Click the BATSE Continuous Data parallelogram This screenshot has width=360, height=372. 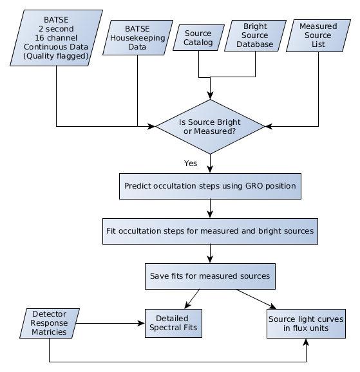tap(56, 38)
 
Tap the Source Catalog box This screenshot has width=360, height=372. tap(198, 38)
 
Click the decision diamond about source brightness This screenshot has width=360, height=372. tap(210, 126)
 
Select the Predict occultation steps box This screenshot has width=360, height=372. tap(210, 186)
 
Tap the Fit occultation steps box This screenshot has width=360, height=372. tap(210, 230)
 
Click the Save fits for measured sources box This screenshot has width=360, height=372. tap(210, 276)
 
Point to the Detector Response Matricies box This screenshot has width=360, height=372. tap(49, 323)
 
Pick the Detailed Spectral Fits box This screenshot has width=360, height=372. tap(173, 323)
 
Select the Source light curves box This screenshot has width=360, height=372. tap(306, 323)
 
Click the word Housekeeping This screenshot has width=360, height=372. tap(138, 38)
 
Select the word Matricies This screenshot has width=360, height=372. tap(49, 332)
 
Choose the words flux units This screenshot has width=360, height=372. tap(312, 328)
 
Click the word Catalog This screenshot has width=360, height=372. tap(198, 42)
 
